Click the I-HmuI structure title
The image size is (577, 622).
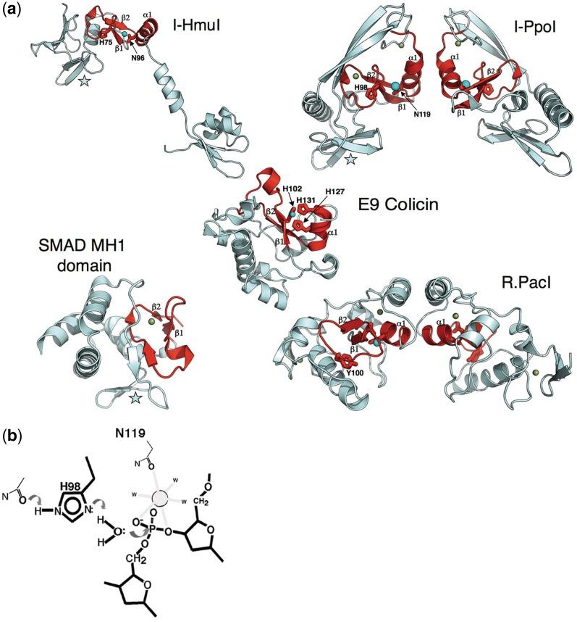(196, 30)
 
